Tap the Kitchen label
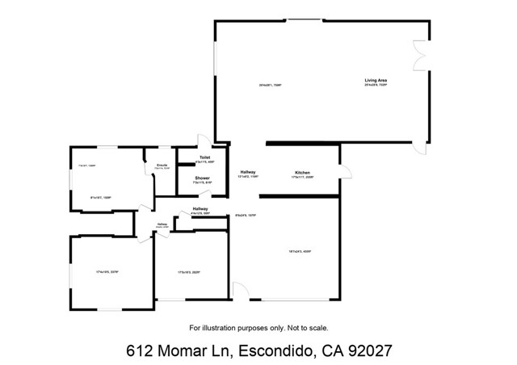303,173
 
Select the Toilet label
194,158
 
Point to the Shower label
202,178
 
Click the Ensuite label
162,164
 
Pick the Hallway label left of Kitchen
248,173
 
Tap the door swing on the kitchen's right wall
346,170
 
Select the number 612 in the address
140,351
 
